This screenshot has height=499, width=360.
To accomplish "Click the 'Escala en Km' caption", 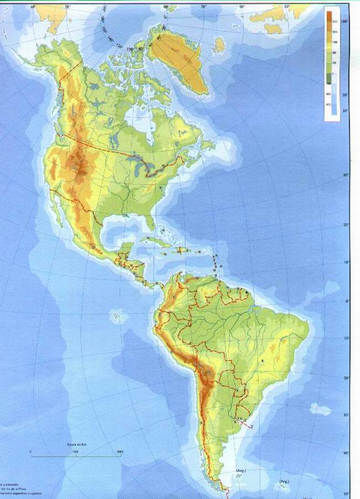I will click(75, 445).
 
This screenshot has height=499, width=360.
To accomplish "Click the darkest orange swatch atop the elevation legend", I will click(332, 16).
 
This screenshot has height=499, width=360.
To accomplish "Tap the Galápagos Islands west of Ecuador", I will click(117, 317).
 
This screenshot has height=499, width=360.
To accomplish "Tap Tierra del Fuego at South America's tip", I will click(222, 488).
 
